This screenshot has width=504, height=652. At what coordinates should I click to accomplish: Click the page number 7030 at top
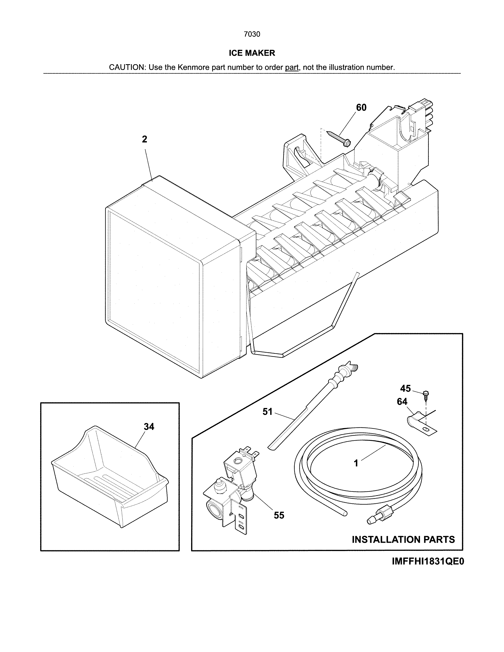point(252,34)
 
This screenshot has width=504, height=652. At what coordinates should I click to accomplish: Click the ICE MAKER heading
point(252,53)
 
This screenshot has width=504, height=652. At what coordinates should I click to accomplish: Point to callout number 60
point(361,107)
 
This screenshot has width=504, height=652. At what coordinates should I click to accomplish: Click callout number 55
point(279,515)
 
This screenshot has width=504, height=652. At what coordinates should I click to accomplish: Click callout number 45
point(405,388)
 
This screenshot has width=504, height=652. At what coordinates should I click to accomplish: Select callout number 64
point(402,401)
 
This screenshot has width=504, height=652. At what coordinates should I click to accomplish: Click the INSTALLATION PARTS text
point(403,539)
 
